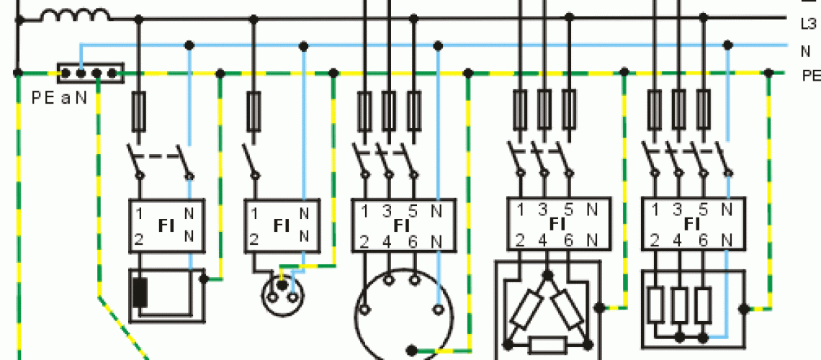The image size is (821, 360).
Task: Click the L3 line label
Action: point(808,24)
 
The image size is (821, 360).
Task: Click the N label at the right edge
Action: point(805,51)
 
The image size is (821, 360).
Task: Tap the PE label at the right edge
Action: point(811,75)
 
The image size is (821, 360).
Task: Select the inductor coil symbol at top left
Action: point(75,14)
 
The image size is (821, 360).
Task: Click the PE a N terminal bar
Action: point(90,73)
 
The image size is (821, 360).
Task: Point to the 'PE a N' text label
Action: point(59,95)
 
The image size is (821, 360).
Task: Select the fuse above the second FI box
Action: point(254,110)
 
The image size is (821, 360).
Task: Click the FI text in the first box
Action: point(166,225)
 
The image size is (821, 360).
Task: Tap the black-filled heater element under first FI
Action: point(140,291)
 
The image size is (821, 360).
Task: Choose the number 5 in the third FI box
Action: point(413,211)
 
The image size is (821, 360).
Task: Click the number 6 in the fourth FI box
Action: point(568,240)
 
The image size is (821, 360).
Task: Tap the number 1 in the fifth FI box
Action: point(655,210)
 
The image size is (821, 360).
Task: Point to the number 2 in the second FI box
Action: point(254,239)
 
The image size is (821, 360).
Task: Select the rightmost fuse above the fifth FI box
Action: point(703,109)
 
